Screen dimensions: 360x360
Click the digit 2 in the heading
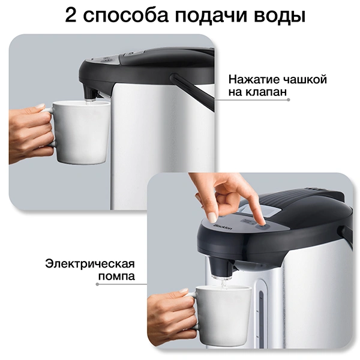(70, 14)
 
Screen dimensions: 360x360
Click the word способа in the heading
(126, 17)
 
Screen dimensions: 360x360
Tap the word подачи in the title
(211, 17)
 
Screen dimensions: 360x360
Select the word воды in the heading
(280, 17)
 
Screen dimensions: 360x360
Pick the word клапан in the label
(266, 92)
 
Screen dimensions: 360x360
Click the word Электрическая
(90, 264)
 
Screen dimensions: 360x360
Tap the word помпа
(116, 276)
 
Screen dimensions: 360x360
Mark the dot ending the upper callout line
(289, 100)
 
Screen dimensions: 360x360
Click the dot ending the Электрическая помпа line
(97, 284)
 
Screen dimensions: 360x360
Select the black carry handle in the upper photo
(193, 91)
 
